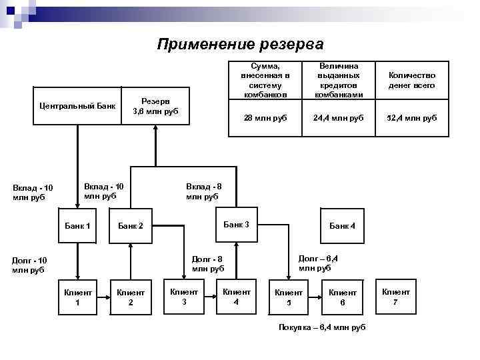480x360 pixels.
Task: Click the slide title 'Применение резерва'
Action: coord(240,45)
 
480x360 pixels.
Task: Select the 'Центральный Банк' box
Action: coord(77,106)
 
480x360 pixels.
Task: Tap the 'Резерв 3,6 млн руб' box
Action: coord(155,106)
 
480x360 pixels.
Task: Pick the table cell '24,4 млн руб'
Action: coord(339,118)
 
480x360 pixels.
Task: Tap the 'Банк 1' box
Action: coord(77,226)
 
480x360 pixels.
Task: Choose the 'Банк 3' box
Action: coord(236,225)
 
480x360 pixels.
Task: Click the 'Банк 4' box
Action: coord(343,226)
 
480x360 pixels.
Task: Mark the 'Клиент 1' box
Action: coord(77,297)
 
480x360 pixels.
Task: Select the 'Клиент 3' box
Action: coord(184,297)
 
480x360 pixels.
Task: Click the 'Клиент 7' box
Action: coord(396,297)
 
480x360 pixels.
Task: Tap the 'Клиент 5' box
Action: coord(289,297)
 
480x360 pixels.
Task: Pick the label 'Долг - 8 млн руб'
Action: coord(207,264)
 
